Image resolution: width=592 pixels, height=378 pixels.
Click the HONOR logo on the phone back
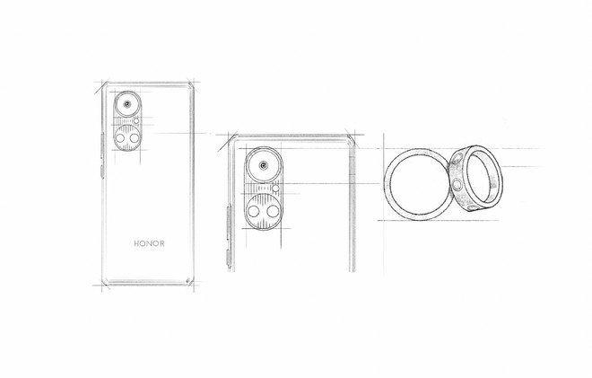coord(149,243)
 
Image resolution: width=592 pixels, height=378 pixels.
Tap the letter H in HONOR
coord(136,243)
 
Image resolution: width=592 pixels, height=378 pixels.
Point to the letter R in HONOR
coord(162,243)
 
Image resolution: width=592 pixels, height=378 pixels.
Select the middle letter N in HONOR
coord(149,243)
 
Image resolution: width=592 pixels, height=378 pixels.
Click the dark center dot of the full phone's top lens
coord(127,104)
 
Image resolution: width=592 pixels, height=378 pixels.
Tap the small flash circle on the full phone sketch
coord(136,120)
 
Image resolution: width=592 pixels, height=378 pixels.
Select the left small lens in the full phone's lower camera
coord(120,138)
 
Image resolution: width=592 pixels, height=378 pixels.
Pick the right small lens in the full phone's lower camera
coord(135,138)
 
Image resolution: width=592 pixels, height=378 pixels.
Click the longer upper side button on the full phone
coord(102,145)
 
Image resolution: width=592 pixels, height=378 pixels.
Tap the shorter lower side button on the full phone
coord(102,171)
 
